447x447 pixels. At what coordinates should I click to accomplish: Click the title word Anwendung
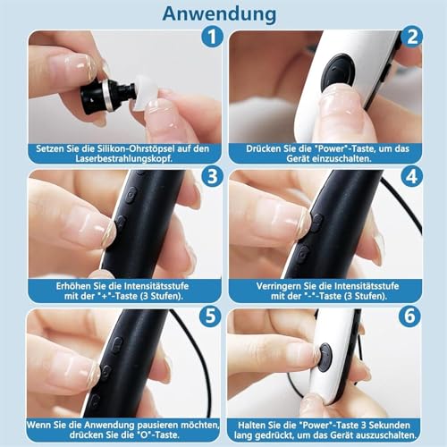[x=219, y=14]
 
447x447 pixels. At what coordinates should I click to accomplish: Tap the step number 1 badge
[x=212, y=37]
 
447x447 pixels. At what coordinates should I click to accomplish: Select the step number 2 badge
[x=412, y=37]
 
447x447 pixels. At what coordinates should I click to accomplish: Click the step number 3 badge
[x=212, y=176]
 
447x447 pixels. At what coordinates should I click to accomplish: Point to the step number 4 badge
[x=412, y=176]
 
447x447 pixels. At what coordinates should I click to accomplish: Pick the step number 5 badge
[x=210, y=316]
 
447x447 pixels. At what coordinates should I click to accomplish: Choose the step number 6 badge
[x=409, y=316]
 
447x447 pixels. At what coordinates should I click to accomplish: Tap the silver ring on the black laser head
[x=108, y=96]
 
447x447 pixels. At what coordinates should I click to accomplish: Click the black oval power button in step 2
[x=340, y=73]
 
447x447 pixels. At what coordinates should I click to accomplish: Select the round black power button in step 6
[x=325, y=358]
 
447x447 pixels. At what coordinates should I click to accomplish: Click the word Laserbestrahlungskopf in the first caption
[x=123, y=158]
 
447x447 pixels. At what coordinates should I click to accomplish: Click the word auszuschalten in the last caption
[x=386, y=435]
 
